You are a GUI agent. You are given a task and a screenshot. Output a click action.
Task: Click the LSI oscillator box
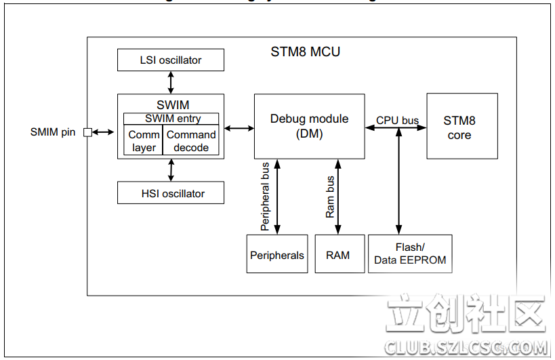[x=170, y=60]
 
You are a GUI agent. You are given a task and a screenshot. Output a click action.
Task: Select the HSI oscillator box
[x=170, y=193]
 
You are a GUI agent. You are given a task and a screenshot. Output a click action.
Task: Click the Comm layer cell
[x=144, y=141]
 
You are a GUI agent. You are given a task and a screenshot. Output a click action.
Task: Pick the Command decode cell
[x=191, y=141]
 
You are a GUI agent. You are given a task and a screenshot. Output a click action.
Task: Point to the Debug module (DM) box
[x=309, y=126]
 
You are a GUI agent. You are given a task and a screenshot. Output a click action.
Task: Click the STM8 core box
[x=461, y=126]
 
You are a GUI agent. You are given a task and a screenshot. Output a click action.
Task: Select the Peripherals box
[x=276, y=254]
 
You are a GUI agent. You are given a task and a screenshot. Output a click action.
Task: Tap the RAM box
[x=337, y=254]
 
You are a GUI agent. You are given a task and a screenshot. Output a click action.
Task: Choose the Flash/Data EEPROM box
[x=410, y=254]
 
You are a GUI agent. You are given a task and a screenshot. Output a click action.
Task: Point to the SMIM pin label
[x=53, y=132]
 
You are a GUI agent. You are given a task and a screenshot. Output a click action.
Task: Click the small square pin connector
[x=87, y=132]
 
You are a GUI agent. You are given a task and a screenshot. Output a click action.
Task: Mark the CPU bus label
[x=397, y=121]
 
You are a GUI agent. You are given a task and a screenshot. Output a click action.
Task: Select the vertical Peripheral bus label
[x=265, y=196]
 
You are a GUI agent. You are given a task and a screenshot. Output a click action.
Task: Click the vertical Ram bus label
[x=330, y=197]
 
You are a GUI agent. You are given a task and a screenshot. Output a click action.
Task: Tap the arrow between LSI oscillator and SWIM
[x=171, y=82]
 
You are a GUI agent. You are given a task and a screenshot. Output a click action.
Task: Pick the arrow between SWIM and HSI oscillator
[x=171, y=170]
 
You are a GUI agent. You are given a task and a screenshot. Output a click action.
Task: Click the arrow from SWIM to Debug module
[x=239, y=127]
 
